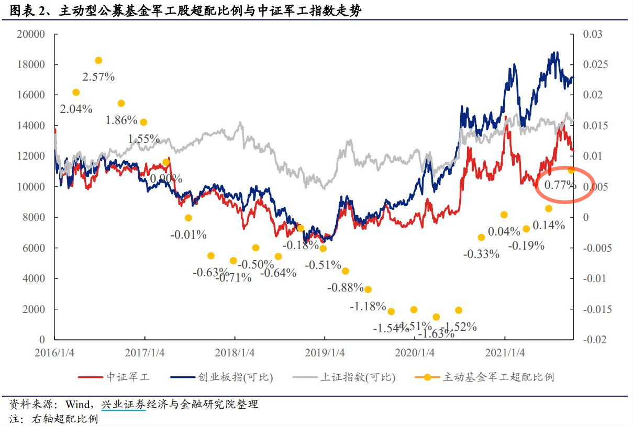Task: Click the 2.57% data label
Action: pyautogui.click(x=98, y=77)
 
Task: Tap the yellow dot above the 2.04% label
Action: pyautogui.click(x=76, y=93)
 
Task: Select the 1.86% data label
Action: pyautogui.click(x=121, y=120)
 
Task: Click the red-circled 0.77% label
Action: pyautogui.click(x=560, y=185)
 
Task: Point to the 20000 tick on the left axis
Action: pyautogui.click(x=31, y=35)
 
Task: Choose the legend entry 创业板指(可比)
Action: pyautogui.click(x=235, y=377)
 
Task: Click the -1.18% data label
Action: pyautogui.click(x=368, y=306)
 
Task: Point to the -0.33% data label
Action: pyautogui.click(x=481, y=254)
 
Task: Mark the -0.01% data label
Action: pyautogui.click(x=188, y=234)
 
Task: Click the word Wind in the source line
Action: pyautogui.click(x=79, y=405)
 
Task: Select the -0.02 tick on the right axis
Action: pyautogui.click(x=593, y=340)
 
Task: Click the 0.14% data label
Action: pyautogui.click(x=549, y=226)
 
